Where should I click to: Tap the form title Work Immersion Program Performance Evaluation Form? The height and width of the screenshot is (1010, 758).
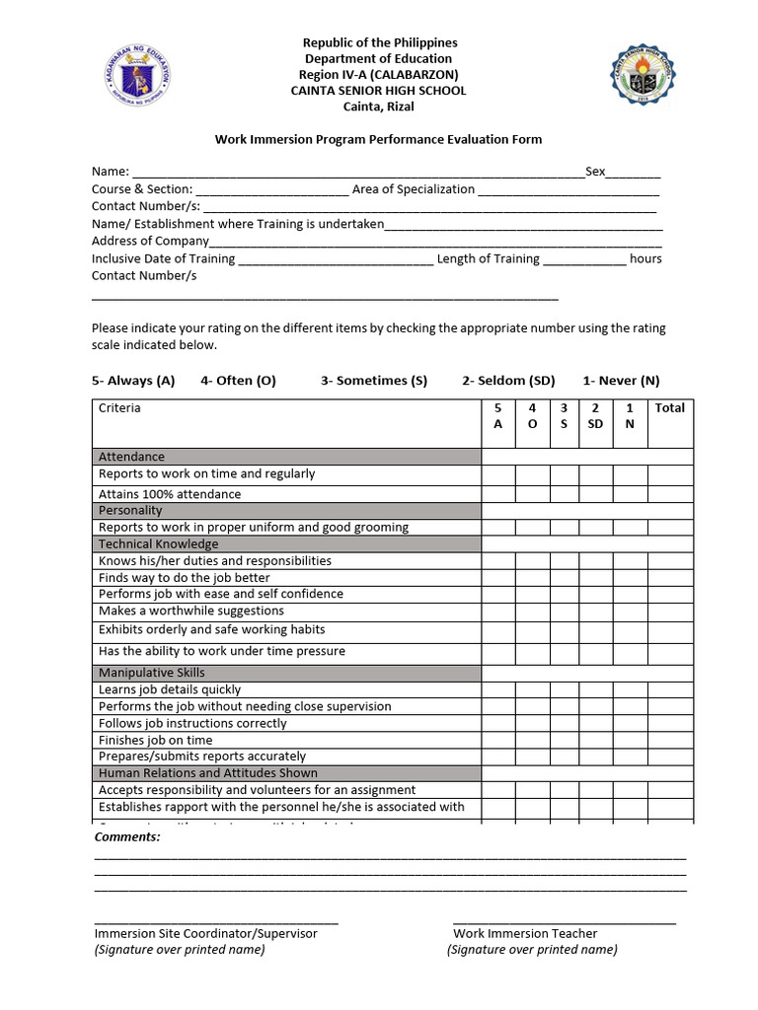[378, 139]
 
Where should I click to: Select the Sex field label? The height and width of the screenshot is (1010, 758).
[595, 172]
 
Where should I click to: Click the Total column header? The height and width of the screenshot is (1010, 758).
[669, 408]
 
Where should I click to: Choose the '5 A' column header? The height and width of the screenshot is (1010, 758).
[497, 416]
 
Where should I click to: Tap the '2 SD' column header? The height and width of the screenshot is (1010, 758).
[595, 416]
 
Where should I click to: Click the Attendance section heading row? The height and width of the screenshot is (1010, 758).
[287, 457]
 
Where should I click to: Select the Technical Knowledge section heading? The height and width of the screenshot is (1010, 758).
[287, 543]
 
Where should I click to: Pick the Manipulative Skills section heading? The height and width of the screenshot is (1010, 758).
[287, 673]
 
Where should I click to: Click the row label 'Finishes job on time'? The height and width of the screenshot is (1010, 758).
[156, 740]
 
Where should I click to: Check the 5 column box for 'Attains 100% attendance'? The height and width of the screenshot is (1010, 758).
[497, 494]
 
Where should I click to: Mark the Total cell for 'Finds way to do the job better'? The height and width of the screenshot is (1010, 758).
[669, 578]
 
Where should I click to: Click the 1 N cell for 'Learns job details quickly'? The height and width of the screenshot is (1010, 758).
[630, 689]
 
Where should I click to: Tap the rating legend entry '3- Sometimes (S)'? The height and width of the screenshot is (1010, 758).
[373, 381]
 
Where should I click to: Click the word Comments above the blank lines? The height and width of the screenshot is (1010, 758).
[126, 837]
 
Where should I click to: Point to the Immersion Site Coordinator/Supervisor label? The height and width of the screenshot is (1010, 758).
[205, 933]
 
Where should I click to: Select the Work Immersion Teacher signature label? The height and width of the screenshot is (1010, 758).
[525, 933]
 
